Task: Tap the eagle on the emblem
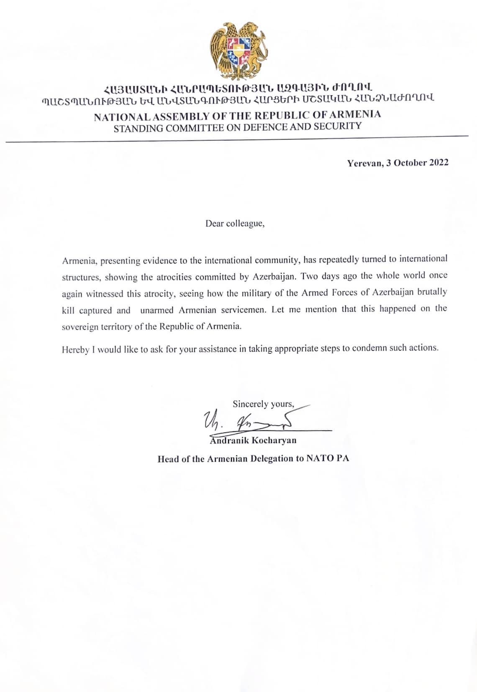(x=221, y=46)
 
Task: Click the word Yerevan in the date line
(x=364, y=163)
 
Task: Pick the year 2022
(x=439, y=163)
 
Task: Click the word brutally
(x=432, y=292)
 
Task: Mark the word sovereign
(x=80, y=327)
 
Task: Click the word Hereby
(x=75, y=350)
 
